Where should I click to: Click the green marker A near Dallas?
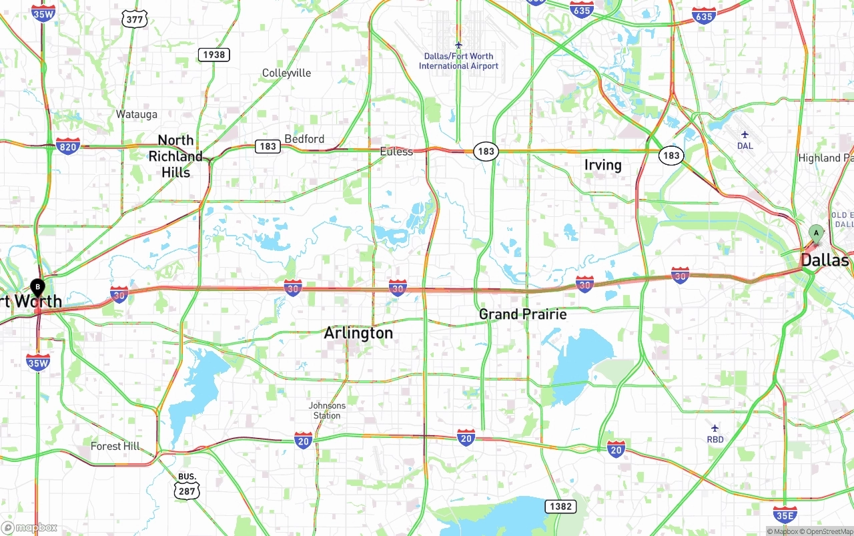pyautogui.click(x=815, y=233)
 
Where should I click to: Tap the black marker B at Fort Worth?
pyautogui.click(x=38, y=288)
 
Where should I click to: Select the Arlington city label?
pyautogui.click(x=358, y=332)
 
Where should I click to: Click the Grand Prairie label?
pyautogui.click(x=522, y=314)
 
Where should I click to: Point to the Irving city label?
pyautogui.click(x=602, y=165)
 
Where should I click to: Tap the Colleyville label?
pyautogui.click(x=286, y=73)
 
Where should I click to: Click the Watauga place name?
pyautogui.click(x=136, y=114)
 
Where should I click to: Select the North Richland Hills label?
pyautogui.click(x=175, y=156)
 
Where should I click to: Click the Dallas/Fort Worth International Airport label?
pyautogui.click(x=458, y=61)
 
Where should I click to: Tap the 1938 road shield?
pyautogui.click(x=213, y=55)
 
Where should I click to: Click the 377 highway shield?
pyautogui.click(x=134, y=19)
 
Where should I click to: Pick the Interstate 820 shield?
pyautogui.click(x=68, y=146)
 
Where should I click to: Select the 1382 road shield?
pyautogui.click(x=560, y=506)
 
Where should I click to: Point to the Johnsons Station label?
pyautogui.click(x=327, y=411)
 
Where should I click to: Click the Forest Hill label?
pyautogui.click(x=115, y=446)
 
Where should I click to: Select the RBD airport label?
pyautogui.click(x=715, y=439)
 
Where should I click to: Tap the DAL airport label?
pyautogui.click(x=745, y=146)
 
